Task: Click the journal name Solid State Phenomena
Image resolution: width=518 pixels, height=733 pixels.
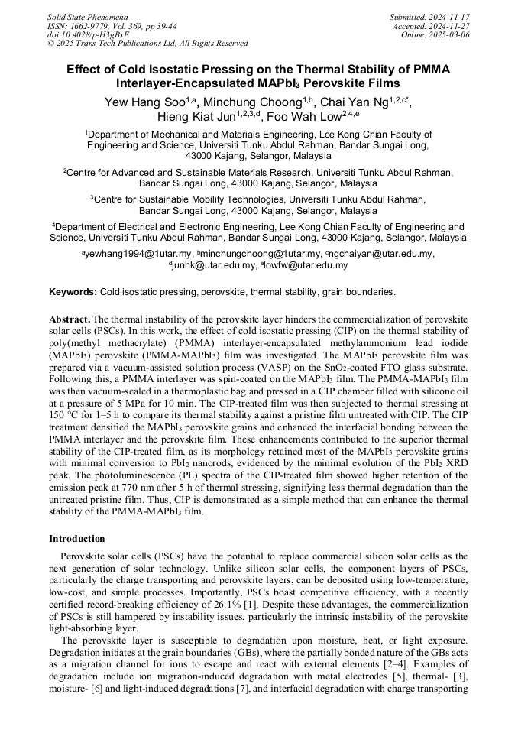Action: pos(87,16)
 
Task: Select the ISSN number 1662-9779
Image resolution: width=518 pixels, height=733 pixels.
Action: pos(95,25)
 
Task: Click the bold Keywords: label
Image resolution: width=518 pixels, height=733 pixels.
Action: pos(73,292)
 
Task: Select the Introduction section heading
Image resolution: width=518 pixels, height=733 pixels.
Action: pos(77,539)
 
